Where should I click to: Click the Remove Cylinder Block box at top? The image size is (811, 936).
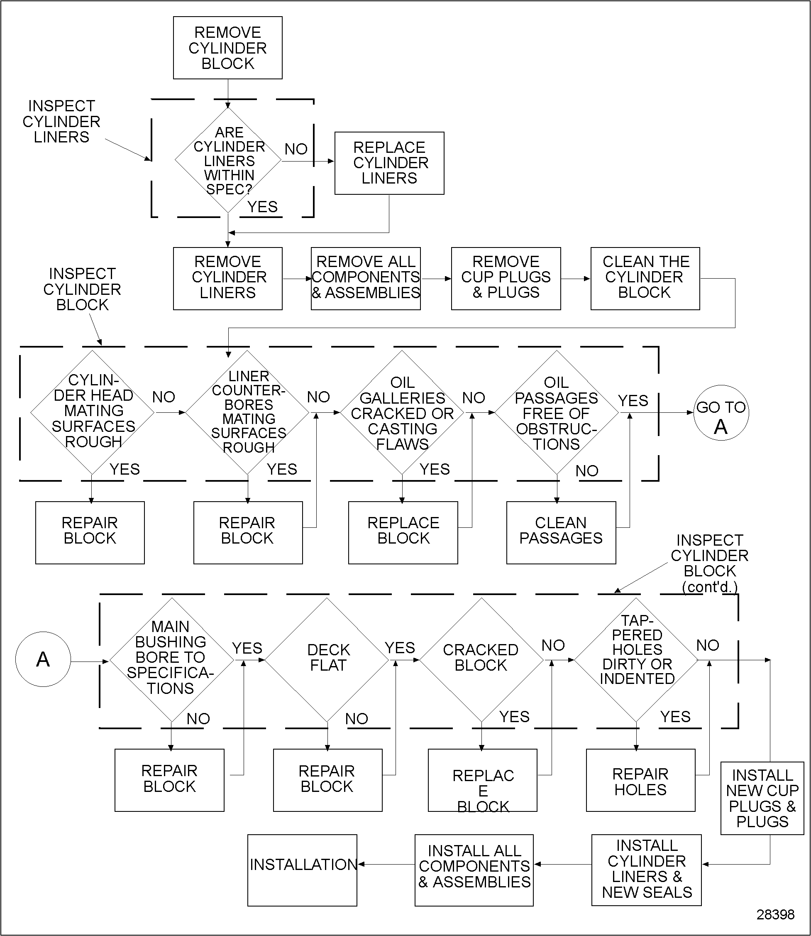coord(227,48)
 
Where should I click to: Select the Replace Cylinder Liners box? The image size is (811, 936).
coord(389,163)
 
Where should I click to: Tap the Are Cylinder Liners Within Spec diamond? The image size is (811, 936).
coord(228,160)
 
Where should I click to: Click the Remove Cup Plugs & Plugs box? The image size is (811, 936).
coord(506,278)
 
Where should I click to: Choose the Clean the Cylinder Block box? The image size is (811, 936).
coord(645,278)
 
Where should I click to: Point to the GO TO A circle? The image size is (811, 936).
coord(721,412)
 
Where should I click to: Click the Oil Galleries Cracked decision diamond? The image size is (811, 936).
coord(402,412)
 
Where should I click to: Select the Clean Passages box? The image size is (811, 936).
coord(561,532)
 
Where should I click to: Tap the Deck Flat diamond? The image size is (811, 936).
coord(327,660)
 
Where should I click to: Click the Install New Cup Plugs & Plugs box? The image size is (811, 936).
coord(762,798)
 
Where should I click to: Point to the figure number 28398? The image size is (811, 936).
coord(775,915)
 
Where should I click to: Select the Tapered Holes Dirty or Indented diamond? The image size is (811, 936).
coord(636,660)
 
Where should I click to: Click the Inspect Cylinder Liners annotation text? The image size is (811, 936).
coord(61,121)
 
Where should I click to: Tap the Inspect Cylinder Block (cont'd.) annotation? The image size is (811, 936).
coord(709,563)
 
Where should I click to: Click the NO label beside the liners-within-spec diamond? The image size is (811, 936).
coord(296,149)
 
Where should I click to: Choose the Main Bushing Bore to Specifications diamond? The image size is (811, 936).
coord(171,660)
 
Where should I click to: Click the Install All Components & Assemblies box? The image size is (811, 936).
coord(474,870)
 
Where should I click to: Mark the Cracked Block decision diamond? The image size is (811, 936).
coord(481,660)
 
